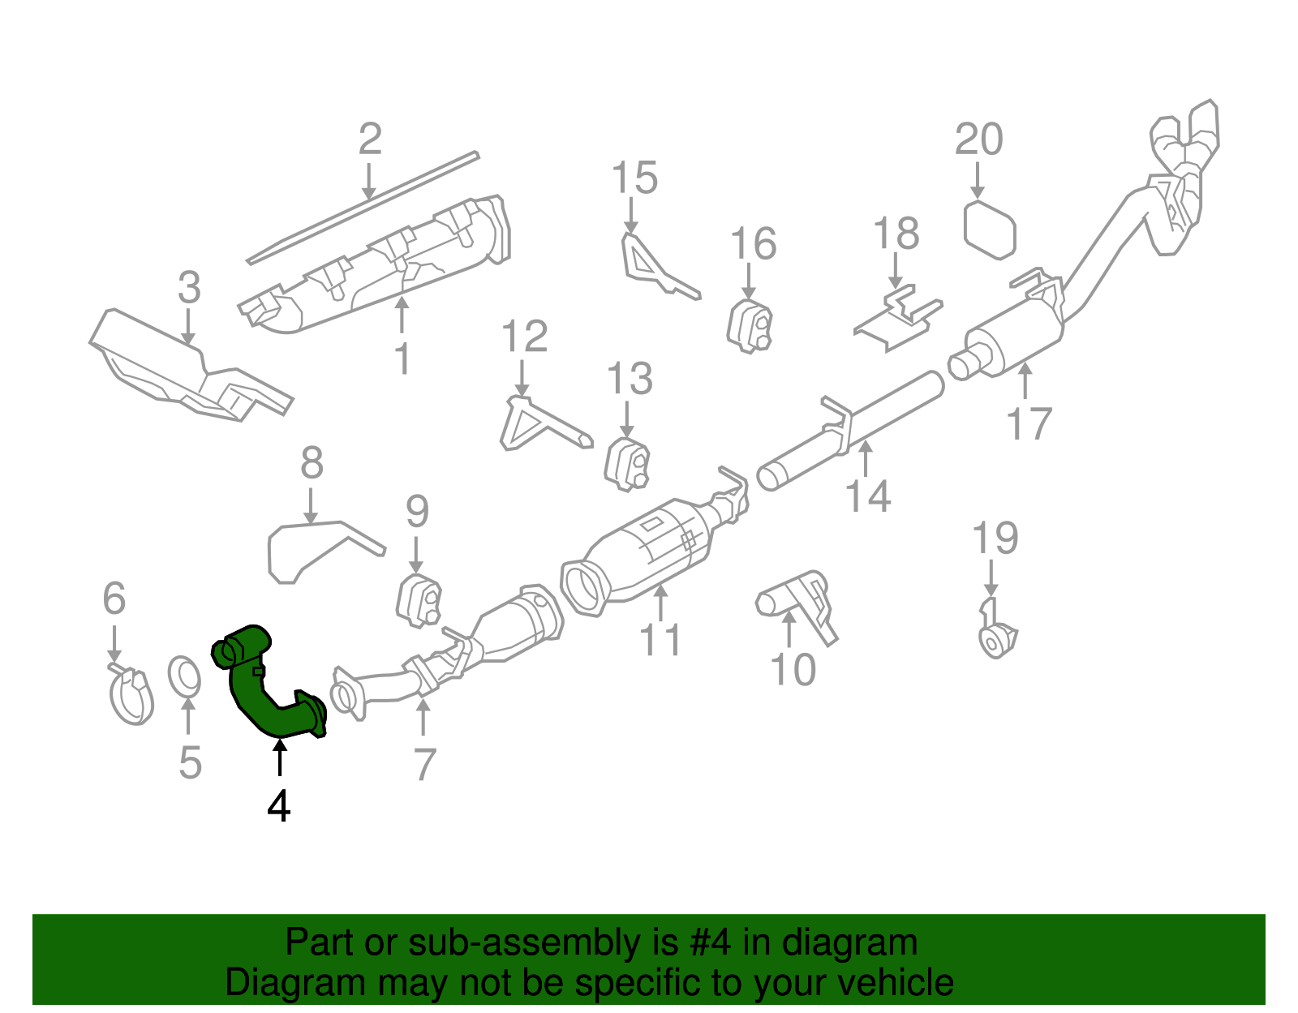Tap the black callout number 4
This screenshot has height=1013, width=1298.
click(x=278, y=806)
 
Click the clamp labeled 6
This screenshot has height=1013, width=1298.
click(x=131, y=696)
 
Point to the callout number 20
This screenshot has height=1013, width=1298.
click(x=978, y=140)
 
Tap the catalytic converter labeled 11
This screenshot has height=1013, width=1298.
click(x=649, y=552)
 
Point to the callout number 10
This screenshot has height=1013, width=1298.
click(x=793, y=670)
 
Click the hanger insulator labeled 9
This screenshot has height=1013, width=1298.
click(x=419, y=601)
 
